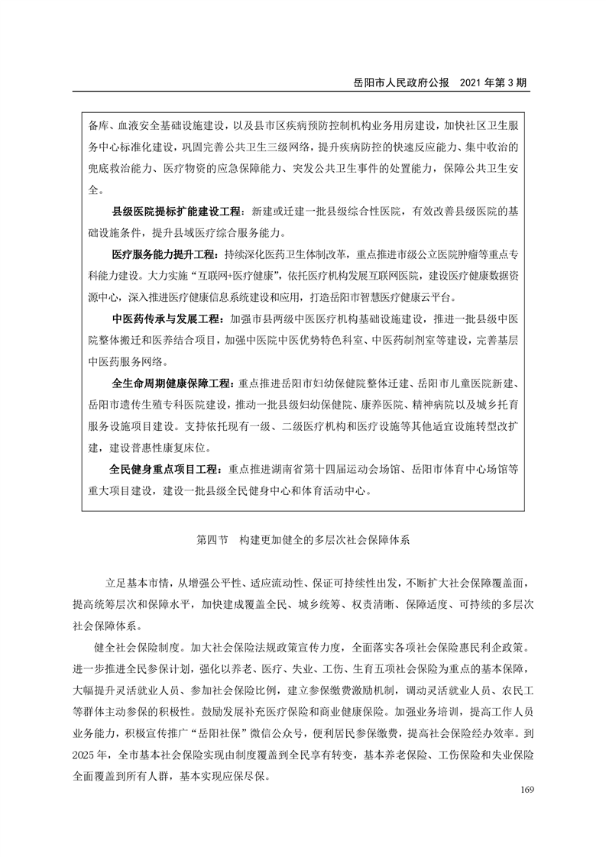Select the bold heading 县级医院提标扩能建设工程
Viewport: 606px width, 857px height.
click(x=176, y=210)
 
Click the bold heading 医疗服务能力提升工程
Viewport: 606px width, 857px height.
click(x=164, y=253)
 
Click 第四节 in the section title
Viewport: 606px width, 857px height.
click(x=212, y=539)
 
